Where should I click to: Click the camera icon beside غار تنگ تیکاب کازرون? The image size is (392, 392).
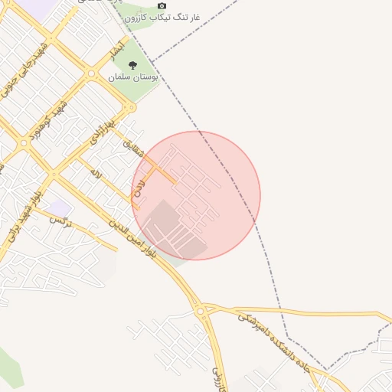[161, 6]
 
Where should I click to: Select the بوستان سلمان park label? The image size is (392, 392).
[132, 77]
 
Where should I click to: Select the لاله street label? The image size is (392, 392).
[96, 174]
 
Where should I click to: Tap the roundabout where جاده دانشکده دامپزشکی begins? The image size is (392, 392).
[201, 311]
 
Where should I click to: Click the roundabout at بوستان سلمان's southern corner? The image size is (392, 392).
[92, 74]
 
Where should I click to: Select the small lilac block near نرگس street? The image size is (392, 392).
[57, 207]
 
